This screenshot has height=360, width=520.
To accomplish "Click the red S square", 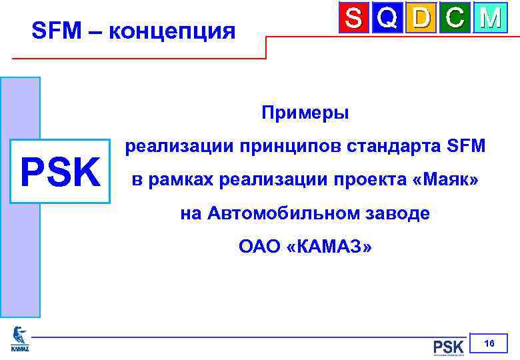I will coord(354,19).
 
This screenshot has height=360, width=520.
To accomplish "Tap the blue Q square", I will coord(388,19).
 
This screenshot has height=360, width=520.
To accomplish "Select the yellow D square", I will coord(422,19).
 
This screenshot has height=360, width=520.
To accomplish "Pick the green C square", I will coord(456,19).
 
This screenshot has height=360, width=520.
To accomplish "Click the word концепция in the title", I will coord(171,31).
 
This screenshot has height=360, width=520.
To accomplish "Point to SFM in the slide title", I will coord(55,31).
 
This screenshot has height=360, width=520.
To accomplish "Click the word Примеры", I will coord(305,113).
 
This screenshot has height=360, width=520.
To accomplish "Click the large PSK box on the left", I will coord(59,171).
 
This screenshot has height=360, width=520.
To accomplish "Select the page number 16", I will coord(489,343).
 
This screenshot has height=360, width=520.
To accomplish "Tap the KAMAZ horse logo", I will coord(20,338).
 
